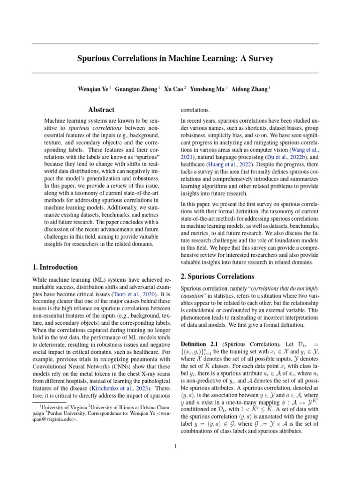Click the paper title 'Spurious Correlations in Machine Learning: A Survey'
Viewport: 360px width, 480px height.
click(175, 59)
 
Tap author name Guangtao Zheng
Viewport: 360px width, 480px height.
click(136, 89)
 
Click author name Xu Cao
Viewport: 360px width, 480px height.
click(174, 89)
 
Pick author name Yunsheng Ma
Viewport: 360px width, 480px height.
click(208, 89)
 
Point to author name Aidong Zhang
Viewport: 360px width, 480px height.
click(252, 89)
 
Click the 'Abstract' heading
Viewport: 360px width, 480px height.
click(101, 110)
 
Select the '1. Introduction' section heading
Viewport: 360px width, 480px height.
click(55, 267)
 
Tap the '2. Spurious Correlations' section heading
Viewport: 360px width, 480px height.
click(217, 276)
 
